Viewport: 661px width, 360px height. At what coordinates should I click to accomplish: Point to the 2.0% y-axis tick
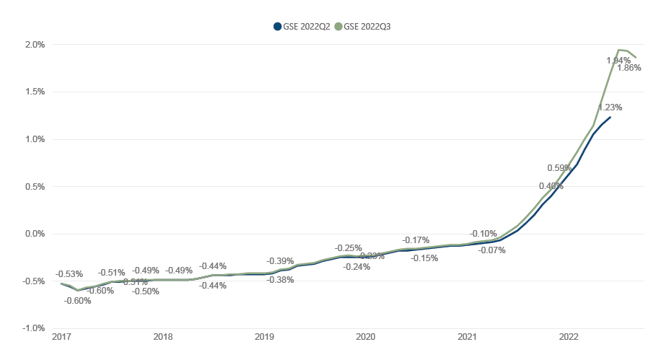point(35,45)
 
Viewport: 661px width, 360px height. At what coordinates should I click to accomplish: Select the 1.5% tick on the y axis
point(35,92)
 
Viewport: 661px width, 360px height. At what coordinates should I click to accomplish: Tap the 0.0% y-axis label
point(35,234)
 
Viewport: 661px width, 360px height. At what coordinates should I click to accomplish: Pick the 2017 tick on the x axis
point(61,337)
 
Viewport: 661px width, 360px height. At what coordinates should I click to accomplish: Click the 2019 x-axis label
point(265,337)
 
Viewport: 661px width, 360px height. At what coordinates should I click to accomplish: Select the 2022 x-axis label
point(569,337)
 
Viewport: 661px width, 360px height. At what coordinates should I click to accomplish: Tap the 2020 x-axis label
point(366,337)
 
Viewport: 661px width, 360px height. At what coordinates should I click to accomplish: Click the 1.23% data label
point(609,107)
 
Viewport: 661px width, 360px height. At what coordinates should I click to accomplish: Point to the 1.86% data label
point(629,68)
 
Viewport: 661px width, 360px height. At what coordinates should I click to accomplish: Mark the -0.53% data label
point(69,274)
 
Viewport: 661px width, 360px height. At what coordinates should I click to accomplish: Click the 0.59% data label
point(559,168)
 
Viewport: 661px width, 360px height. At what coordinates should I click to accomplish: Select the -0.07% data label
point(492,250)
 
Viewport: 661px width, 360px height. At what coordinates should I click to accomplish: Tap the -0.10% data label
point(483,234)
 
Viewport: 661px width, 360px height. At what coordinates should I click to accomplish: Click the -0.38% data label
point(280,280)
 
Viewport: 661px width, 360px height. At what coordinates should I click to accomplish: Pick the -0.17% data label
point(416,240)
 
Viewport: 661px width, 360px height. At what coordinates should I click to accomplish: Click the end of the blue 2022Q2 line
point(610,117)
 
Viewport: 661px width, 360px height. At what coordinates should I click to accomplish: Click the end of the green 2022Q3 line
point(636,57)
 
